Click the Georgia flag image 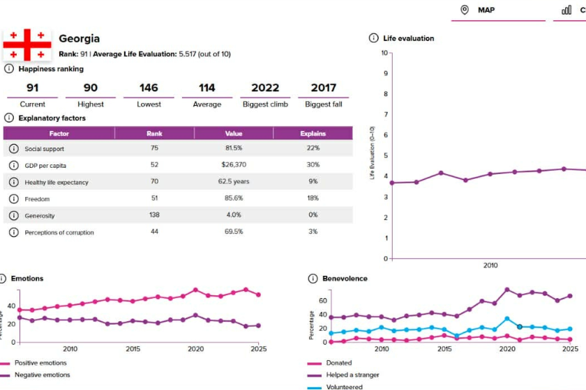(27, 45)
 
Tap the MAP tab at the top (486, 10)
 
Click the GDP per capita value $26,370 (234, 165)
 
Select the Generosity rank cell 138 (154, 215)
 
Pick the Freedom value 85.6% (234, 198)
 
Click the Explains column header (313, 133)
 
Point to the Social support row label (45, 148)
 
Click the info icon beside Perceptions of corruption (13, 232)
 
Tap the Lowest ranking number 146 (149, 88)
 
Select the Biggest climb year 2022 (265, 88)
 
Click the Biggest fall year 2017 (324, 88)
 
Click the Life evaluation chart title (409, 38)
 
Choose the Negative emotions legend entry (42, 375)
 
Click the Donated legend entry (338, 363)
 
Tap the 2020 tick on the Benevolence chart (507, 349)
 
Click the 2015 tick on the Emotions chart (133, 349)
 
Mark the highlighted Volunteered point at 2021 (519, 327)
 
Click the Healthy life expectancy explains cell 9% (313, 182)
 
